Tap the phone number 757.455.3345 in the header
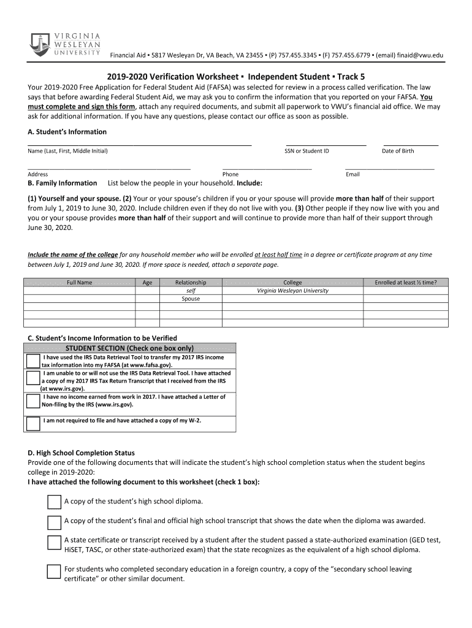point(297,56)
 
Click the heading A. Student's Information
point(67,132)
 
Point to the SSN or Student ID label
point(306,151)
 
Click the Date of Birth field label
point(398,151)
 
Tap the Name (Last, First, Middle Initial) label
point(67,151)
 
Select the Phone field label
point(230,174)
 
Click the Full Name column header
point(80,283)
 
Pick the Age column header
point(147,283)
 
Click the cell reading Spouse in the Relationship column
point(191,299)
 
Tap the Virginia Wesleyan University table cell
point(292,291)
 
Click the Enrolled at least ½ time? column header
point(406,283)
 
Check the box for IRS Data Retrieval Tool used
point(34,361)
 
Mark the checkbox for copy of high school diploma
point(54,502)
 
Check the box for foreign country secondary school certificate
point(54,572)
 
